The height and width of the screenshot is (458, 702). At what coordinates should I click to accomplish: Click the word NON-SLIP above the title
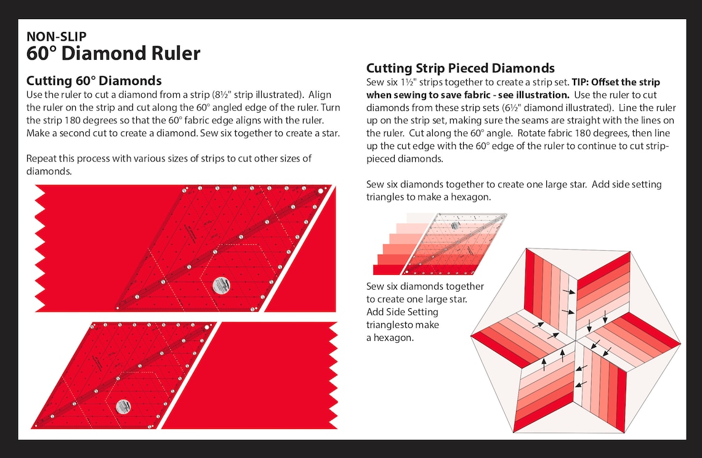point(57,36)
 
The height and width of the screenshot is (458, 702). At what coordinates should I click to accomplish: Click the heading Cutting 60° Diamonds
point(94,81)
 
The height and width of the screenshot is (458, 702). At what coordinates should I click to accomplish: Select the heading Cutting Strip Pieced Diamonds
point(460,68)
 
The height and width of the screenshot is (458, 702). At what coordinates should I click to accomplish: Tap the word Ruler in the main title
point(175,54)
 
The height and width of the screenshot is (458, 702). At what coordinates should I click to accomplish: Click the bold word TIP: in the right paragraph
point(580,82)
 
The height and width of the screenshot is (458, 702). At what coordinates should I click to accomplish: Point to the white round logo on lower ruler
point(123,406)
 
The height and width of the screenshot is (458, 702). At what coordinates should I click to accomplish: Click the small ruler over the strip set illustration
point(454,243)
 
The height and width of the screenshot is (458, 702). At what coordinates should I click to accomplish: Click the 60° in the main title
point(42,54)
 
